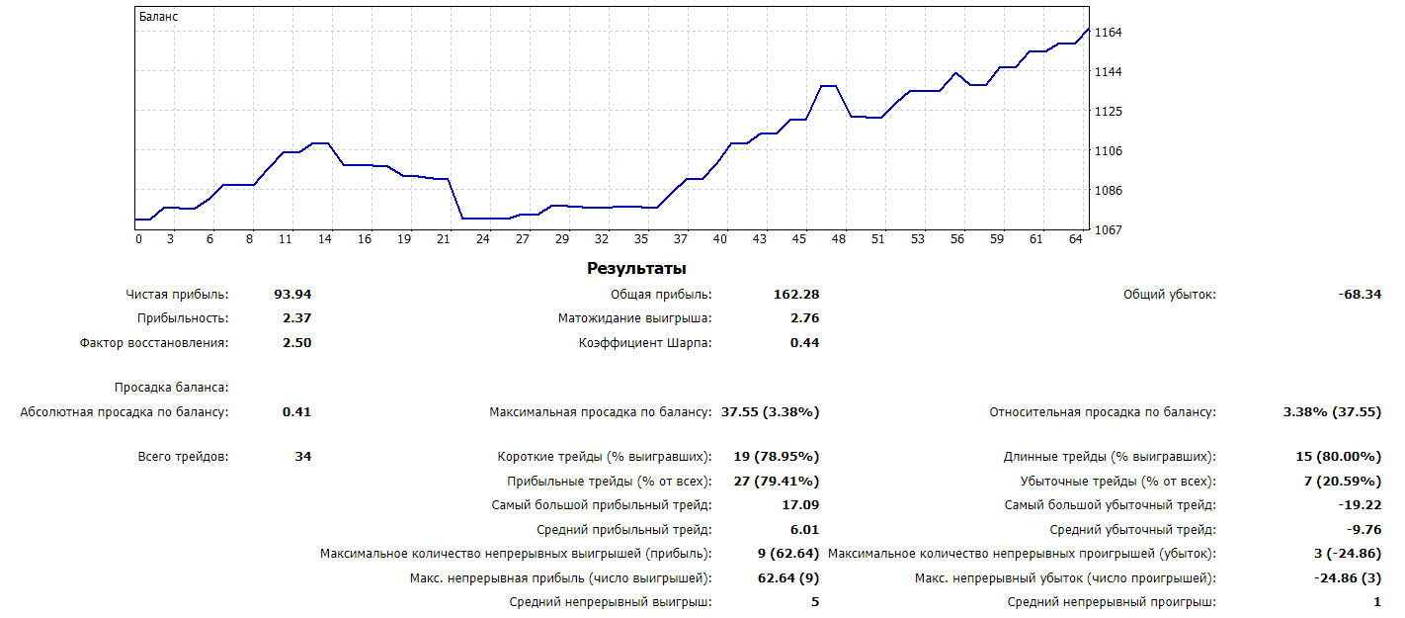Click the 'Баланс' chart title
click(x=159, y=17)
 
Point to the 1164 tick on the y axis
click(x=1108, y=33)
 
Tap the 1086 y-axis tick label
click(x=1108, y=190)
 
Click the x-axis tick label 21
click(x=444, y=239)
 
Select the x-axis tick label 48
click(x=839, y=239)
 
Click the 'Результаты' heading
click(x=636, y=268)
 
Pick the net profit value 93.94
click(x=292, y=295)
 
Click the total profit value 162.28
click(x=796, y=295)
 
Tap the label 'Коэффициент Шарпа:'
click(x=645, y=343)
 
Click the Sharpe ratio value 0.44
click(x=804, y=343)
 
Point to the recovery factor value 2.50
click(x=296, y=343)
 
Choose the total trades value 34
click(x=302, y=457)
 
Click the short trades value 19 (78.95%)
click(x=776, y=457)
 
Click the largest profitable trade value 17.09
click(x=800, y=505)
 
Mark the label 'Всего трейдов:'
click(x=183, y=457)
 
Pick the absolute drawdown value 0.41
click(x=296, y=412)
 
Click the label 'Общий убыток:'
click(x=1170, y=295)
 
